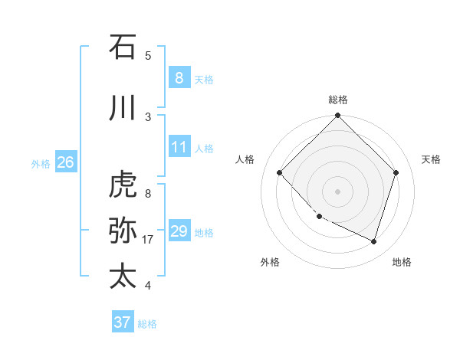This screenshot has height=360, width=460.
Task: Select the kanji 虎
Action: click(123, 185)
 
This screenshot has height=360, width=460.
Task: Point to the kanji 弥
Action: click(123, 231)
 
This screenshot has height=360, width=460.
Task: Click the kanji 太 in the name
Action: click(123, 276)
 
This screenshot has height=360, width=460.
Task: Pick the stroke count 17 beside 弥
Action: click(149, 240)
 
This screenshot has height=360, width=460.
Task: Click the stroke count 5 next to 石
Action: click(148, 55)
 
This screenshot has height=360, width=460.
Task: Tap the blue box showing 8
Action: click(179, 77)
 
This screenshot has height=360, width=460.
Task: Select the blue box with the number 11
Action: click(179, 147)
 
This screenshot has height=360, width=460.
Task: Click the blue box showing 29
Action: click(179, 231)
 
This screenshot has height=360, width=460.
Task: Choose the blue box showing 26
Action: click(65, 162)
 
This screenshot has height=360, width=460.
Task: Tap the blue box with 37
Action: click(122, 322)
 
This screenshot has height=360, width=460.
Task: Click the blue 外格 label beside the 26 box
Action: click(41, 163)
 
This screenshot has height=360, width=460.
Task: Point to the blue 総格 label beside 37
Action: click(147, 324)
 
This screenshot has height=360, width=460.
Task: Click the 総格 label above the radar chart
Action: click(338, 100)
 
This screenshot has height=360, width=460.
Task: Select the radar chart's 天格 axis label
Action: click(432, 159)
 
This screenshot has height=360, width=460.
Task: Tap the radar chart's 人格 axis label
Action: click(245, 159)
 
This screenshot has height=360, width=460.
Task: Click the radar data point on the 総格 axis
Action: click(338, 116)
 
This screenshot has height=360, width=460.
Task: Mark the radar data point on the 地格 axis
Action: click(374, 241)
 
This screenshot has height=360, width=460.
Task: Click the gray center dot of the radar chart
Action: click(338, 191)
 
